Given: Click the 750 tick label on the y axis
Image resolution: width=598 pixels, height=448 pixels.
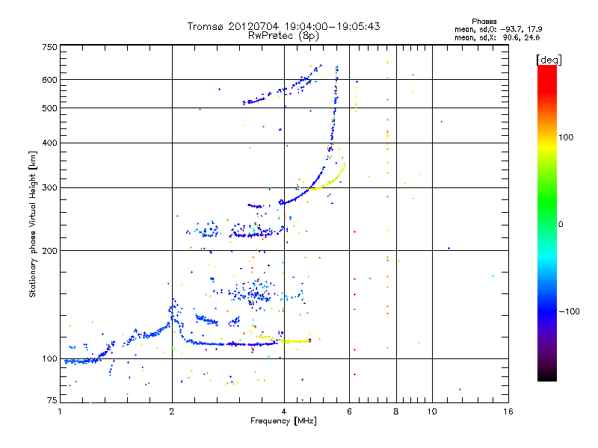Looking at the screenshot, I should click(x=49, y=47).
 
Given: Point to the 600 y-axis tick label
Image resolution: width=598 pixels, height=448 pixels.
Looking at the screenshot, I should click(x=49, y=80).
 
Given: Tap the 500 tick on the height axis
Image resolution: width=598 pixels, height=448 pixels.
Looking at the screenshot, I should click(x=49, y=108).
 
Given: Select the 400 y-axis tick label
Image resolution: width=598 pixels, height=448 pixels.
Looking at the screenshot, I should click(x=49, y=143).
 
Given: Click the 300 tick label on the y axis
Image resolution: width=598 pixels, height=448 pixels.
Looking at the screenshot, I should click(x=49, y=188).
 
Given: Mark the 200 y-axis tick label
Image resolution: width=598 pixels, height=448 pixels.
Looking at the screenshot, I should click(x=49, y=251).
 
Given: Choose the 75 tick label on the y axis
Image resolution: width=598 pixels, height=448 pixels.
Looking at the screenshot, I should click(x=52, y=401).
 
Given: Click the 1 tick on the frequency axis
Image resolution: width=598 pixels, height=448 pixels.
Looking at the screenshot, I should click(x=60, y=411).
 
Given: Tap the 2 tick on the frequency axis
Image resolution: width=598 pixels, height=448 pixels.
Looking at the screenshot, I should click(x=172, y=411).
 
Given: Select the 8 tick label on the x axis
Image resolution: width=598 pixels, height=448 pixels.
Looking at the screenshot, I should click(x=396, y=411).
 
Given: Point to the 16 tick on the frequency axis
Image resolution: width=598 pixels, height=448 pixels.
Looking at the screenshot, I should click(x=508, y=411).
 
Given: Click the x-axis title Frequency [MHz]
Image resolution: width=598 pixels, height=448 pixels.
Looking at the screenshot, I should click(x=283, y=421).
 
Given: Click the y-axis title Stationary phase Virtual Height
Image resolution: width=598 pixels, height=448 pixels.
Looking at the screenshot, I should click(x=33, y=225).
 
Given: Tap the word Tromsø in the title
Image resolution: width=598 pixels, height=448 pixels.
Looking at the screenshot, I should click(x=206, y=26).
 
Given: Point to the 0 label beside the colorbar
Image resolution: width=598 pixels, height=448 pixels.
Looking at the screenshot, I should click(x=563, y=224).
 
